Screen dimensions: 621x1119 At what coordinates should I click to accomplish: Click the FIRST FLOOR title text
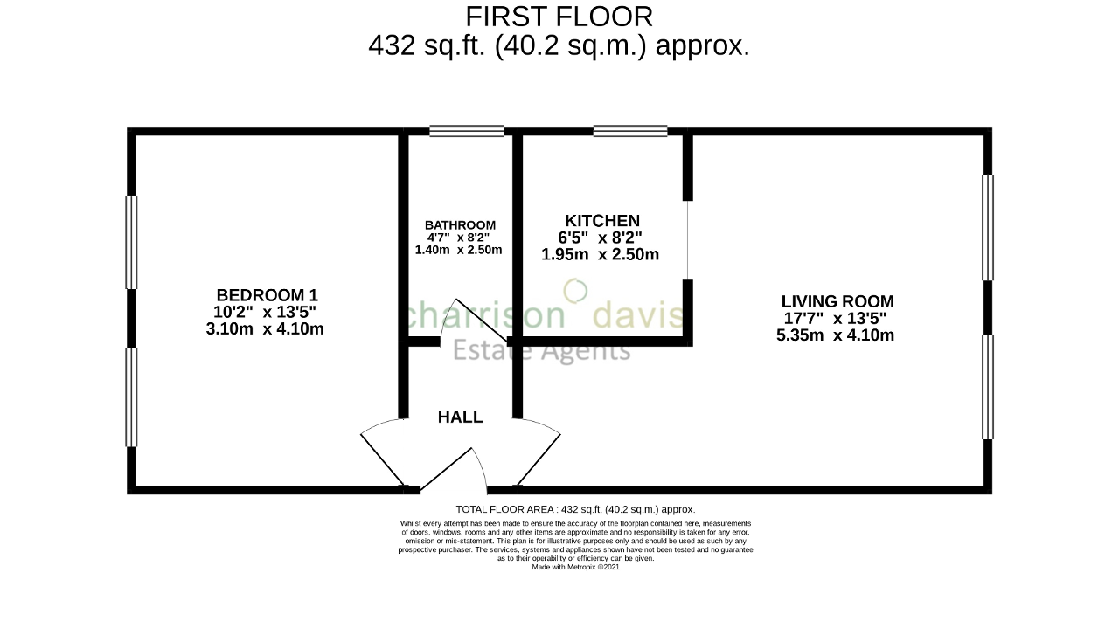[559, 17]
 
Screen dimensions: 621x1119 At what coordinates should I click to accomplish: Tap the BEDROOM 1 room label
[268, 295]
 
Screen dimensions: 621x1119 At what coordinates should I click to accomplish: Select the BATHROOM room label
[460, 225]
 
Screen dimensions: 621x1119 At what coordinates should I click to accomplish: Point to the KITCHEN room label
[601, 221]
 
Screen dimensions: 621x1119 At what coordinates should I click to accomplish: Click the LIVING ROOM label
[837, 301]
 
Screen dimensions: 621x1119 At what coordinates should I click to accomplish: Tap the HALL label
[460, 417]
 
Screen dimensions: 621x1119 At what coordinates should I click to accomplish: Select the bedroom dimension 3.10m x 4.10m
[265, 329]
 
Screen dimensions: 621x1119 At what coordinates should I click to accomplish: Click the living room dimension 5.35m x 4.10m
[835, 335]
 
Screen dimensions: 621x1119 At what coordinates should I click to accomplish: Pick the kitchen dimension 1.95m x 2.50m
[600, 255]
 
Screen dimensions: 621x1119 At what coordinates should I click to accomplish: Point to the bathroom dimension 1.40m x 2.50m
[458, 250]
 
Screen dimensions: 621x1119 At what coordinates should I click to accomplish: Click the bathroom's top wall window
[466, 132]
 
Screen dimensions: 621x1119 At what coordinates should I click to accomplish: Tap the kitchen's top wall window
[629, 132]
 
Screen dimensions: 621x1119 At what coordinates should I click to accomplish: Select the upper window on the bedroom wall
[132, 242]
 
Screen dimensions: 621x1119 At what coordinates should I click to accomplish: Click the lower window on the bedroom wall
[132, 397]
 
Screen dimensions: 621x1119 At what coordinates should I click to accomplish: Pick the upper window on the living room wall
[988, 227]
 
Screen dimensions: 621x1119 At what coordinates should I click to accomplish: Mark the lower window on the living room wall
[988, 386]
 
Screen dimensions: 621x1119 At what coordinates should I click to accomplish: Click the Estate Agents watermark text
[541, 350]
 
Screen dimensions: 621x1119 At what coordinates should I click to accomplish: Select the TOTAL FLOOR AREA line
[575, 509]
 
